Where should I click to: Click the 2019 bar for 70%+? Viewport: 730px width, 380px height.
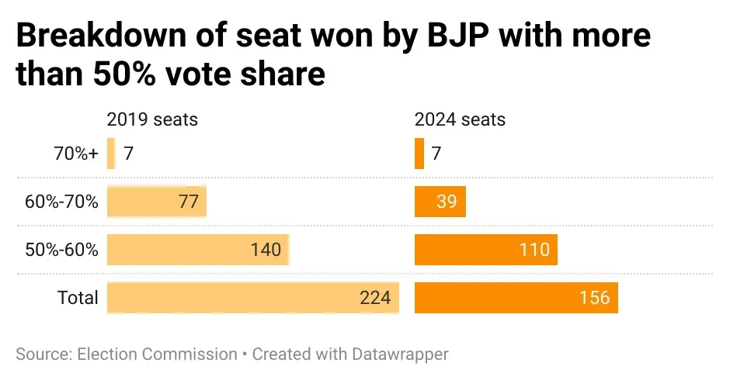tap(111, 154)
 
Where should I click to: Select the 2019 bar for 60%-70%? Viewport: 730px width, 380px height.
tap(156, 202)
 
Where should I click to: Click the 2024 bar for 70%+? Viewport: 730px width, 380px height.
tap(419, 154)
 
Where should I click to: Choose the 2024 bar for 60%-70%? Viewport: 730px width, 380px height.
tap(440, 202)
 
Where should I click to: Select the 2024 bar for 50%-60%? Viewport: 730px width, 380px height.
tap(486, 250)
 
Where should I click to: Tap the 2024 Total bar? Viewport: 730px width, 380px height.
tap(516, 298)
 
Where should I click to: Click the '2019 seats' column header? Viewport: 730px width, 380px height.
tap(152, 119)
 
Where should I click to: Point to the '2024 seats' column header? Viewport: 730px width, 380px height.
tap(460, 119)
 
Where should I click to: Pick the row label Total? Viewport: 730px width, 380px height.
tap(78, 298)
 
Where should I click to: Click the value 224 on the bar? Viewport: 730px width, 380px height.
tap(375, 298)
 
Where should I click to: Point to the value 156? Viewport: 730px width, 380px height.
tap(594, 298)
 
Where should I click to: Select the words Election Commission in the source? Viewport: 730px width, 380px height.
tap(158, 354)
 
